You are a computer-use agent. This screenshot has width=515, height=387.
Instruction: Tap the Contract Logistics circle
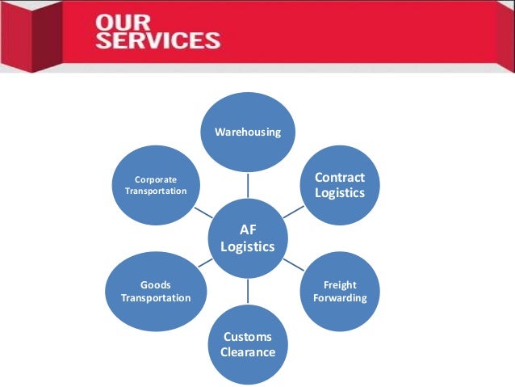[x=339, y=185]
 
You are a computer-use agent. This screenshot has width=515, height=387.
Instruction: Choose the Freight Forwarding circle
[x=339, y=292]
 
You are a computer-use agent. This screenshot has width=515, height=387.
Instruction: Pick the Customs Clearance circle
[x=248, y=344]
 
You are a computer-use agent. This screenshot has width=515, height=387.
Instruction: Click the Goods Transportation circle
[x=156, y=292]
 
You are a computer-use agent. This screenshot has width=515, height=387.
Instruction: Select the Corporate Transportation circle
[x=156, y=185]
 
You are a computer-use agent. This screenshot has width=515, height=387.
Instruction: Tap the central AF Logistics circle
[x=248, y=238]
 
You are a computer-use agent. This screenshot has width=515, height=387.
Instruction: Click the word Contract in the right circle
[x=340, y=178]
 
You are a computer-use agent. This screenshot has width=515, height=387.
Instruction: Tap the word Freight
[x=340, y=285]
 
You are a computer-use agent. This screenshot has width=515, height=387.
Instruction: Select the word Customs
[x=248, y=337]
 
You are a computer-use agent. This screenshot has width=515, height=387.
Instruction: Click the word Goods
[x=156, y=285]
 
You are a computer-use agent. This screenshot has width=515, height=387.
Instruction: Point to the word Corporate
[x=156, y=179]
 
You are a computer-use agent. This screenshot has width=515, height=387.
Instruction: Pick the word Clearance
[x=248, y=352]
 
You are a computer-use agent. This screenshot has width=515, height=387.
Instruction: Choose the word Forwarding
[x=340, y=298]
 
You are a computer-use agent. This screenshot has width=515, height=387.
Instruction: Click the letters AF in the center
[x=248, y=230]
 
